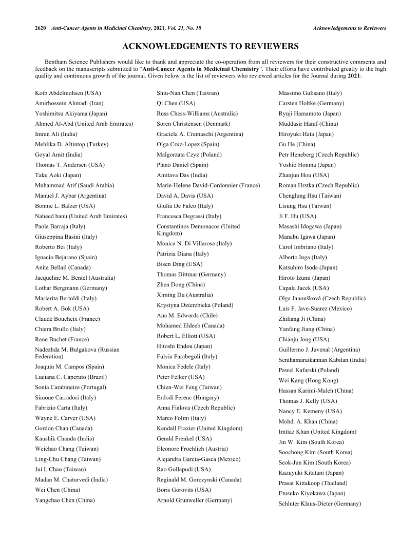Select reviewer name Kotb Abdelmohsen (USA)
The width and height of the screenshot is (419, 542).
[68, 93]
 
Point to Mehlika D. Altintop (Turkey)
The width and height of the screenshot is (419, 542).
[71, 144]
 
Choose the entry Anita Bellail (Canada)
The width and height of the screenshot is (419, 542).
[63, 267]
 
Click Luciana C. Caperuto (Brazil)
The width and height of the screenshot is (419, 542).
[71, 377]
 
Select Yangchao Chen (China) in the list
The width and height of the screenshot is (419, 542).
[65, 500]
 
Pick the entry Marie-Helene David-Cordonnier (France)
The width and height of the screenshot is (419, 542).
[208, 185]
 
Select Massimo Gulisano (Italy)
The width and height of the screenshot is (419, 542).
[310, 93]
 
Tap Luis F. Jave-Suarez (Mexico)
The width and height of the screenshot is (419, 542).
[315, 308]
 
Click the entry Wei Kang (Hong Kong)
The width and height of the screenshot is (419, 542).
[308, 380]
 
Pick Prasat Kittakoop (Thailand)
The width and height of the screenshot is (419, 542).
[313, 483]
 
